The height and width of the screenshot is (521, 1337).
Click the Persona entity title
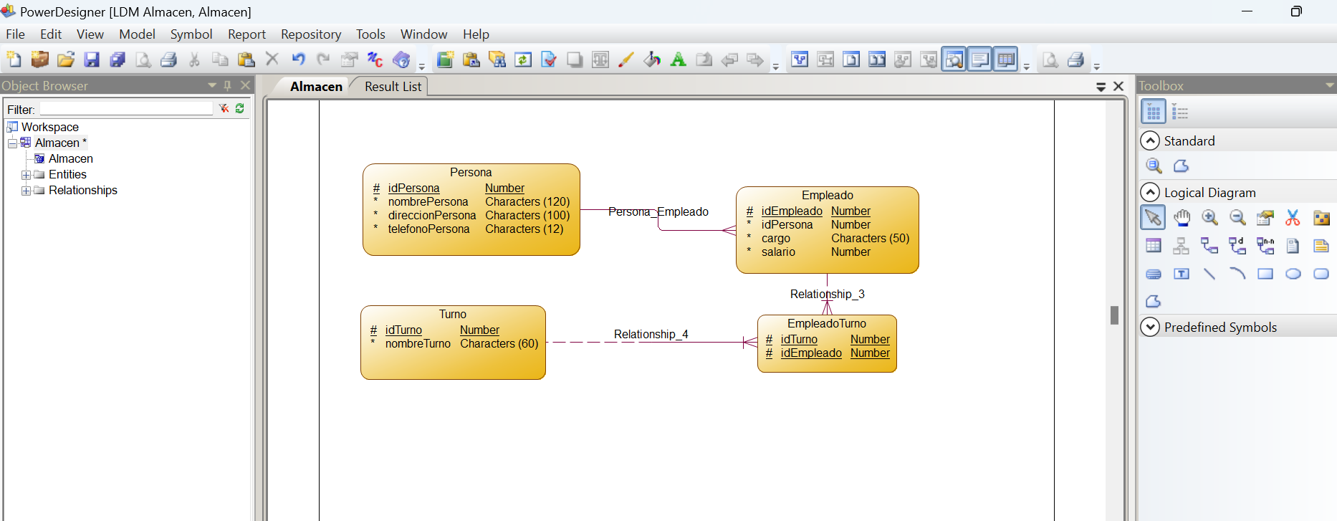(x=471, y=172)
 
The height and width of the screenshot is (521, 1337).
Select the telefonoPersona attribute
(x=428, y=229)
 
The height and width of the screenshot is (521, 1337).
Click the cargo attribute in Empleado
(x=775, y=238)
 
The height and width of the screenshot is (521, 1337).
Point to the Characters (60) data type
(x=499, y=343)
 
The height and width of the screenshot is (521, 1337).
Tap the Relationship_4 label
(x=651, y=334)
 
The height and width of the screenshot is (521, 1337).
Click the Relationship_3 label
(x=827, y=294)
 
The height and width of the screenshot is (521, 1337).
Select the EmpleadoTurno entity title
(x=827, y=323)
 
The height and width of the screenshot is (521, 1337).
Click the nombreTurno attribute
(x=418, y=343)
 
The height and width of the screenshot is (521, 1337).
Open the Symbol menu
(x=191, y=34)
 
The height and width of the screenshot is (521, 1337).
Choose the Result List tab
(x=393, y=87)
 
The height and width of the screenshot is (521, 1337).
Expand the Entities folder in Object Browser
(x=26, y=175)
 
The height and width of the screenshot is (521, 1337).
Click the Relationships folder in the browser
(x=82, y=190)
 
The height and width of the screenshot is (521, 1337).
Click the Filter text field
(x=126, y=109)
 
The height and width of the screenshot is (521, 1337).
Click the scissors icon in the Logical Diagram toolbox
(x=1293, y=218)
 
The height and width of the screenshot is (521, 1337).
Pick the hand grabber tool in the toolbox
(x=1182, y=218)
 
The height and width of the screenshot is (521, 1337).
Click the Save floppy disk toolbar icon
(x=92, y=59)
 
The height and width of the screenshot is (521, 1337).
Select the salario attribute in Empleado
(x=778, y=252)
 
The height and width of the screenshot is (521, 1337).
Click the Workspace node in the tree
(x=49, y=127)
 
